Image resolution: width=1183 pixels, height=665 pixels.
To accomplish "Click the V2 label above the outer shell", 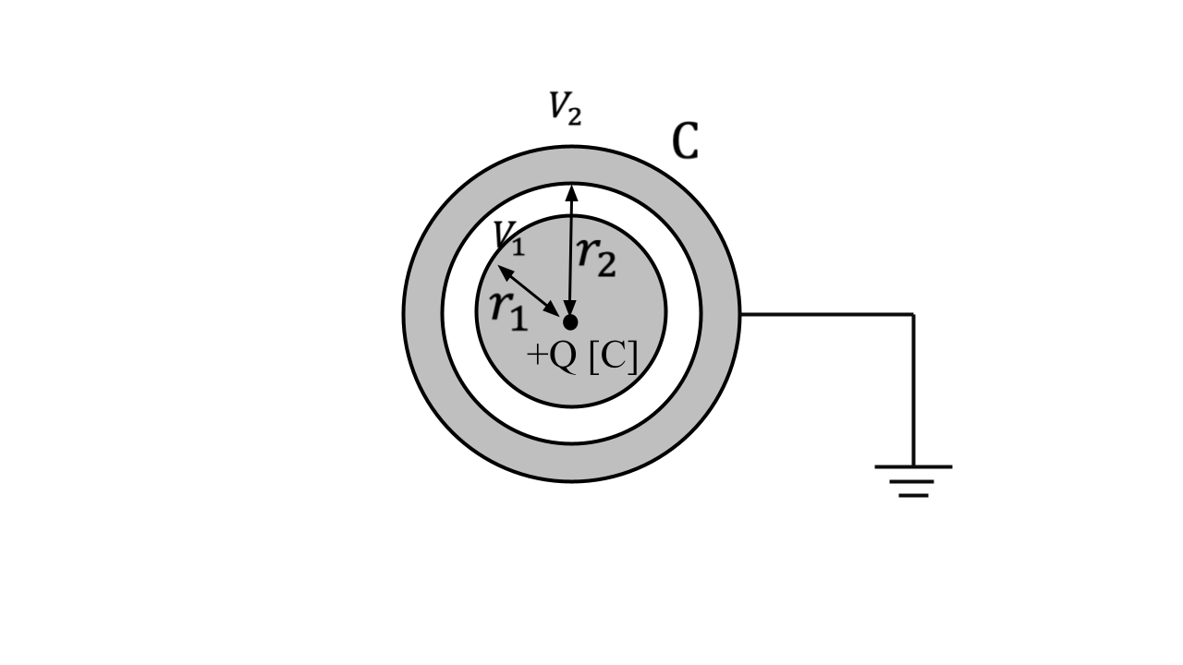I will (x=565, y=109).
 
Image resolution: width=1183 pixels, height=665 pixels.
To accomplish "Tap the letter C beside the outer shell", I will (x=685, y=141).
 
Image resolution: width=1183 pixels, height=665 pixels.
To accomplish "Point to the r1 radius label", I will (x=508, y=308).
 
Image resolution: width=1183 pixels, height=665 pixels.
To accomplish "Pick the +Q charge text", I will (x=552, y=357).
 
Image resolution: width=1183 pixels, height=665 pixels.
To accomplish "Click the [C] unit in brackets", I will (x=612, y=357).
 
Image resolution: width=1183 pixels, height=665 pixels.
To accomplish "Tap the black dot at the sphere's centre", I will (x=570, y=321).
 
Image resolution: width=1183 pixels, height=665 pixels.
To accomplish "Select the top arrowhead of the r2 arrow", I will (x=572, y=192).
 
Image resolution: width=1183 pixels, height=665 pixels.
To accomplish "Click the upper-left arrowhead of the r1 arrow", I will (x=505, y=272).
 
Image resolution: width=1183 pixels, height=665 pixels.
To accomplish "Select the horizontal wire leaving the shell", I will (x=827, y=314).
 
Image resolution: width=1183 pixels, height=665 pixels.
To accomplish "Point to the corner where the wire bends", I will (x=913, y=314).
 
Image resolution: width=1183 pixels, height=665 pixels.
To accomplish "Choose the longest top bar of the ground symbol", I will (x=913, y=466).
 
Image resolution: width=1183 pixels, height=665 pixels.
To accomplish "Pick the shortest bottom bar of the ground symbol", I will (x=913, y=496).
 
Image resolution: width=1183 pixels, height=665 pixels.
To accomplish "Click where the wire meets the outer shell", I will (x=740, y=314).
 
